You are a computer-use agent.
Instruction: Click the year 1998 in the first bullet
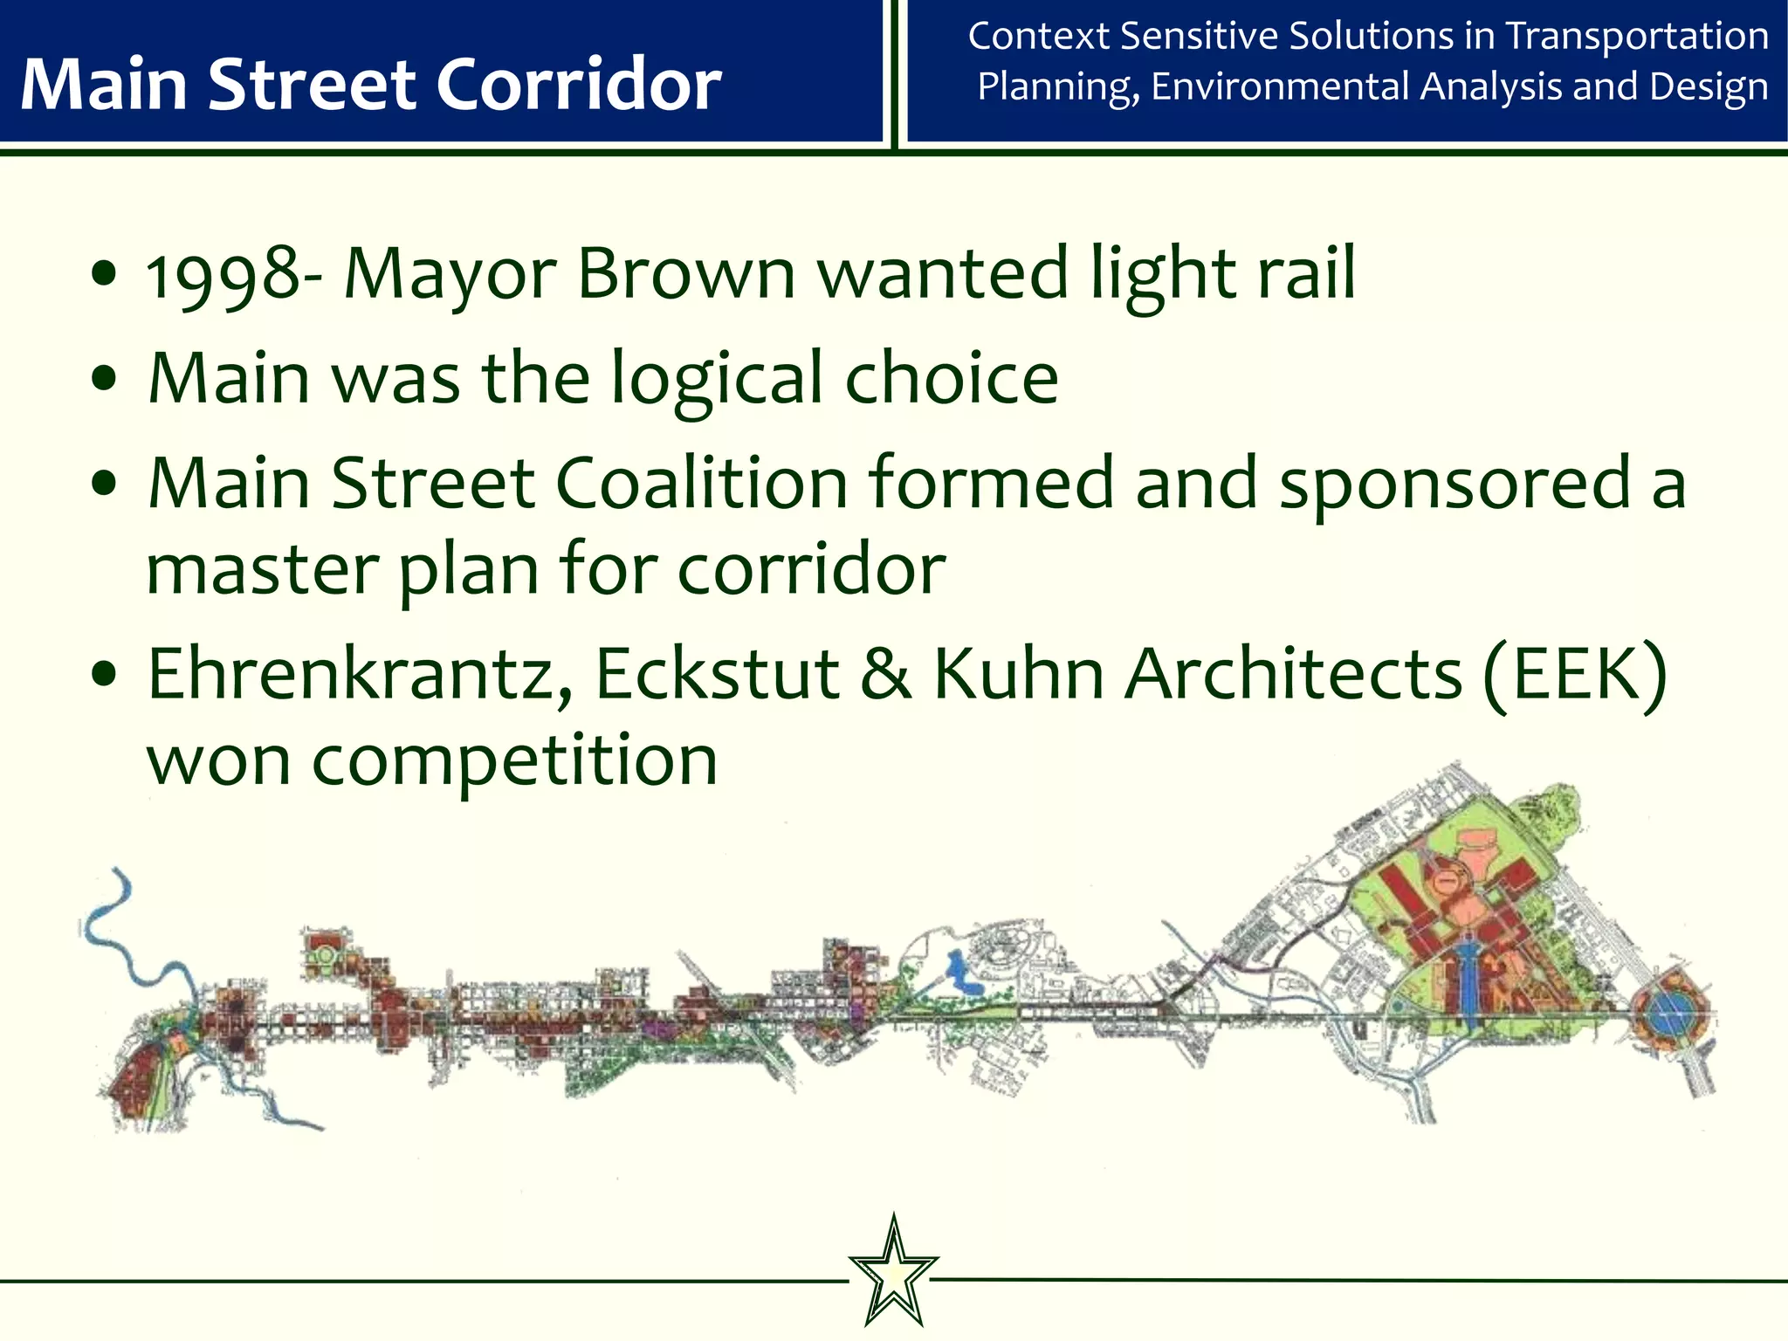pos(223,276)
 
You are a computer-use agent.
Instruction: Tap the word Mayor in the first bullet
pos(450,276)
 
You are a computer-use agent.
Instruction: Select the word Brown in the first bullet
pos(685,274)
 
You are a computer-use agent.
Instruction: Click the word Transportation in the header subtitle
pos(1637,37)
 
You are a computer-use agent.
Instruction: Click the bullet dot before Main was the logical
pos(104,380)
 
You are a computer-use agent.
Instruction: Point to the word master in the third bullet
pos(262,572)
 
